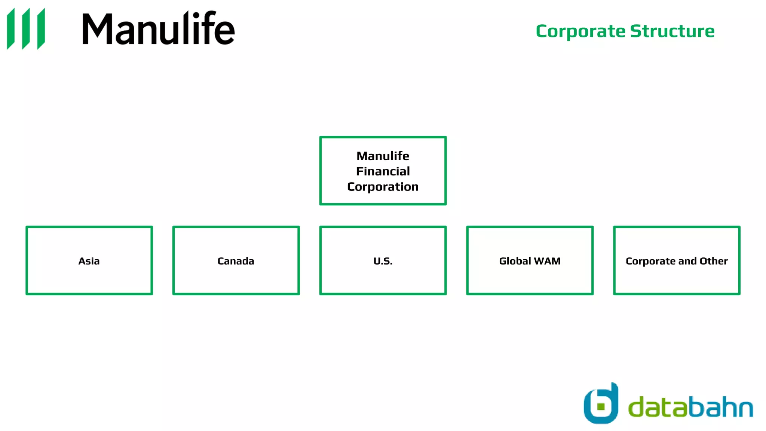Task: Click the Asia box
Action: (89, 260)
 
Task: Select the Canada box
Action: (236, 260)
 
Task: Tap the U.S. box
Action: (383, 260)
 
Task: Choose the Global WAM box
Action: (530, 260)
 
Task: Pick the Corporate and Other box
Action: (677, 260)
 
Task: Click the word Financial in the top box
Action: (383, 171)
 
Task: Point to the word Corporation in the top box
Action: (383, 187)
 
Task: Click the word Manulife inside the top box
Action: (383, 156)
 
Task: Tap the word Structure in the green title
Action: (672, 31)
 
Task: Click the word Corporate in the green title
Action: (580, 31)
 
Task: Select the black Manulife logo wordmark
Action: (158, 28)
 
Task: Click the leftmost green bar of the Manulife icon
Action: (11, 29)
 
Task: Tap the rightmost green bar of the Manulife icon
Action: (41, 29)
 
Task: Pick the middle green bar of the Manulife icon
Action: (26, 29)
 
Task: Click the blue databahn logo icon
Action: (601, 404)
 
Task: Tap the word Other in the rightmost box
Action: (714, 261)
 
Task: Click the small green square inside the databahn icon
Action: (601, 406)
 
